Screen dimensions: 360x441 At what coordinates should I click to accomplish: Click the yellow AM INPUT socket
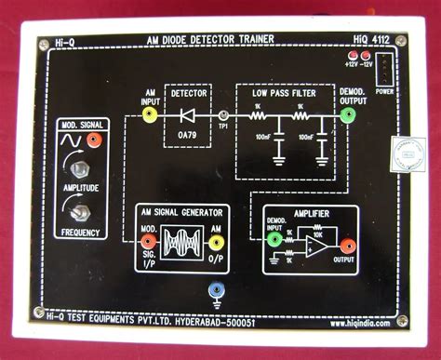tap(148, 116)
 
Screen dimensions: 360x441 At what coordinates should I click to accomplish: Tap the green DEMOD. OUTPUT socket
tap(347, 116)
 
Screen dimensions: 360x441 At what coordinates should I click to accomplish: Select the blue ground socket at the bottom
tap(217, 290)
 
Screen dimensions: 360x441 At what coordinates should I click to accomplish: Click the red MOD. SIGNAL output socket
tap(94, 140)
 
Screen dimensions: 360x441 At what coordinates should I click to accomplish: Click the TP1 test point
tap(222, 116)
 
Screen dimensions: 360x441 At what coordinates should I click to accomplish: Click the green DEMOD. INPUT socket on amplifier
tap(274, 239)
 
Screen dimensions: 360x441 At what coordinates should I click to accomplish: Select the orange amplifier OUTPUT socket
tap(347, 247)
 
